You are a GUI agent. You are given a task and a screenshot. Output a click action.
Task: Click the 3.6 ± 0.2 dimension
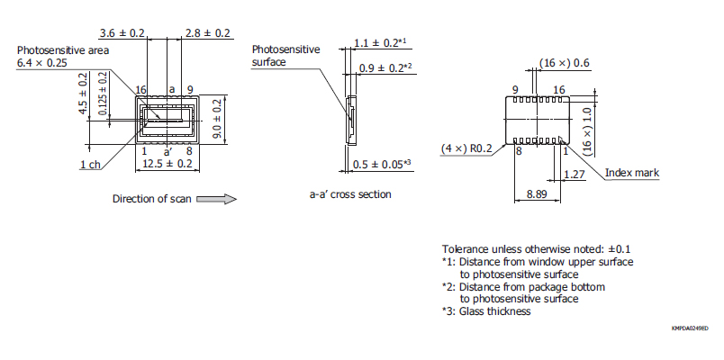[122, 32]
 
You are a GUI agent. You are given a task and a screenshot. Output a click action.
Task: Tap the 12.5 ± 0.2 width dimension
[167, 164]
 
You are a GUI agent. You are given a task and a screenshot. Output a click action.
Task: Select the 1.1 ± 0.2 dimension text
[380, 42]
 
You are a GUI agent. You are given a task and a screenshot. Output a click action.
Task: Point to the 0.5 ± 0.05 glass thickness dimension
[382, 164]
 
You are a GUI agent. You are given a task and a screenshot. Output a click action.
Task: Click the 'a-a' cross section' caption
[349, 194]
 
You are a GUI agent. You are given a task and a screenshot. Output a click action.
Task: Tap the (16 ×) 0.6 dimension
[565, 63]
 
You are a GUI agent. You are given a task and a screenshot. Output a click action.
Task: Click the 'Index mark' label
[630, 173]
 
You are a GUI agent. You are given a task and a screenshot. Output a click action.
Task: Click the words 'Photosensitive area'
[63, 50]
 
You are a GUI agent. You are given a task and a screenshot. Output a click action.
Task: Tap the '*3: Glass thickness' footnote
[486, 311]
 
